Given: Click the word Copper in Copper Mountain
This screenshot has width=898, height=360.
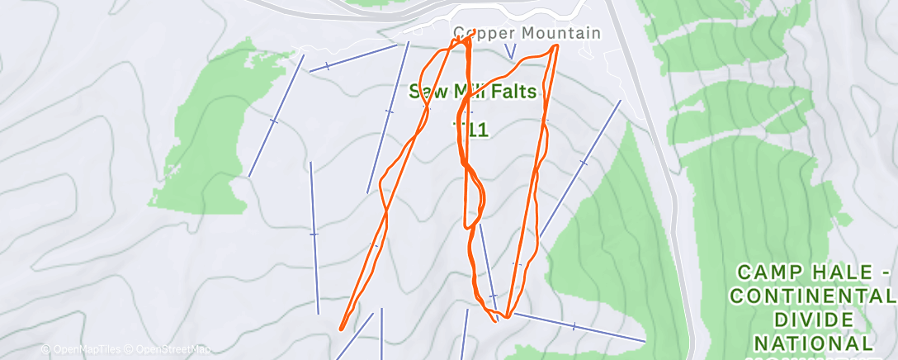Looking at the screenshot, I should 481,33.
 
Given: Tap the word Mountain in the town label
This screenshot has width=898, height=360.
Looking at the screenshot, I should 559,33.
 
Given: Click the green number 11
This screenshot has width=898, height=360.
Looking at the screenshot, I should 477,130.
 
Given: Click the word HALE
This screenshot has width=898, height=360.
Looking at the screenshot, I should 839,272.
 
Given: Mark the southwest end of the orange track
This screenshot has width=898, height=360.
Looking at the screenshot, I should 341,328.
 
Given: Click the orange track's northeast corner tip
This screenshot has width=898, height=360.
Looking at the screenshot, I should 556,46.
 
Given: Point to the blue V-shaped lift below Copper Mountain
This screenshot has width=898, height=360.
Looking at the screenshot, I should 510,51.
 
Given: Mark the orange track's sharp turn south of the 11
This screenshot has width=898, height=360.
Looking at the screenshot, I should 467,225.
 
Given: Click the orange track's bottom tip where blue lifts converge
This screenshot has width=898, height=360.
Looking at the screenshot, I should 497,319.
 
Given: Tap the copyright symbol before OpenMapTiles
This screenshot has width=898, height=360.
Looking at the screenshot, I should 45,350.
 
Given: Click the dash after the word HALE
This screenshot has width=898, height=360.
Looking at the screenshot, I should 885,272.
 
